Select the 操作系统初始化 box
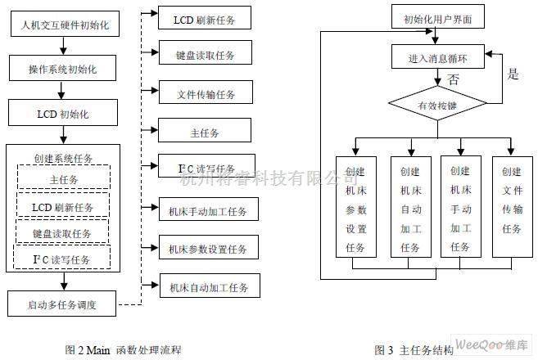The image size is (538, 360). click(x=63, y=70)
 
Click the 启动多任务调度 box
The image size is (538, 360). click(x=63, y=306)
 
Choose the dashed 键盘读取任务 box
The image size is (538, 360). click(x=62, y=233)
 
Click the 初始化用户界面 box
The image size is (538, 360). click(x=437, y=16)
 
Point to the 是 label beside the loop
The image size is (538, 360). click(x=513, y=74)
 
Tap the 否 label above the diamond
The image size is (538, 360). click(x=453, y=79)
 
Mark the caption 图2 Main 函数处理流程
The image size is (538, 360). click(x=123, y=349)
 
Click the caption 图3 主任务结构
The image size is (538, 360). click(x=414, y=349)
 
